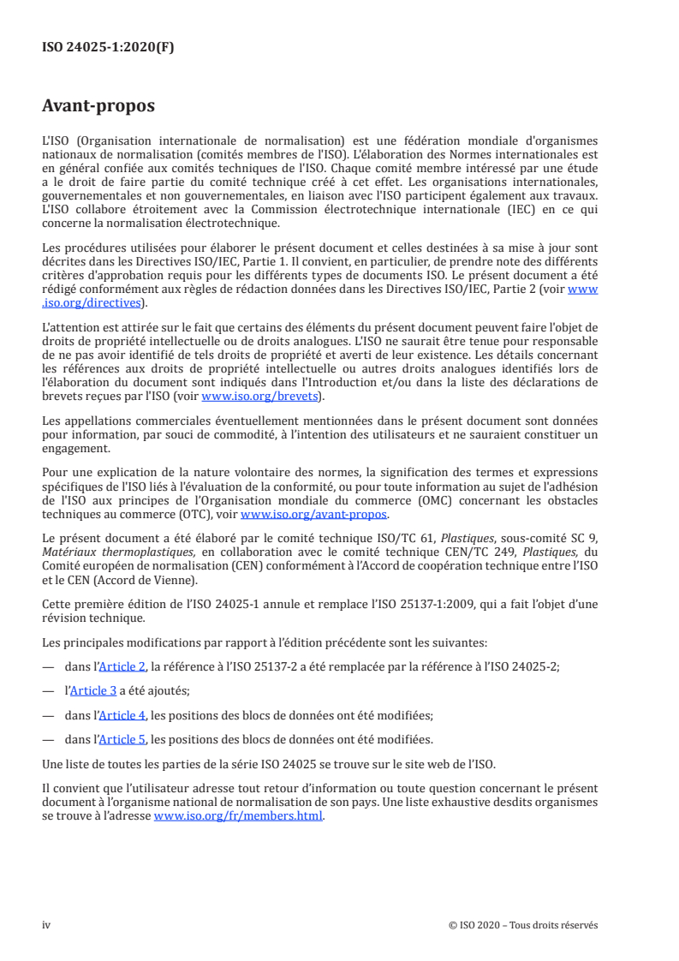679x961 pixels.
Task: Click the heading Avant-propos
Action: tap(98, 107)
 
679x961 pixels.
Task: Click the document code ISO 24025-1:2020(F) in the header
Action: tap(108, 48)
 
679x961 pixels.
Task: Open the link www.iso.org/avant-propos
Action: tap(314, 515)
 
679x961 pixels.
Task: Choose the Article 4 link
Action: tap(122, 715)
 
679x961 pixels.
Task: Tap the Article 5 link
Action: tap(122, 739)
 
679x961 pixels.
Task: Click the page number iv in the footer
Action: tap(46, 925)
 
